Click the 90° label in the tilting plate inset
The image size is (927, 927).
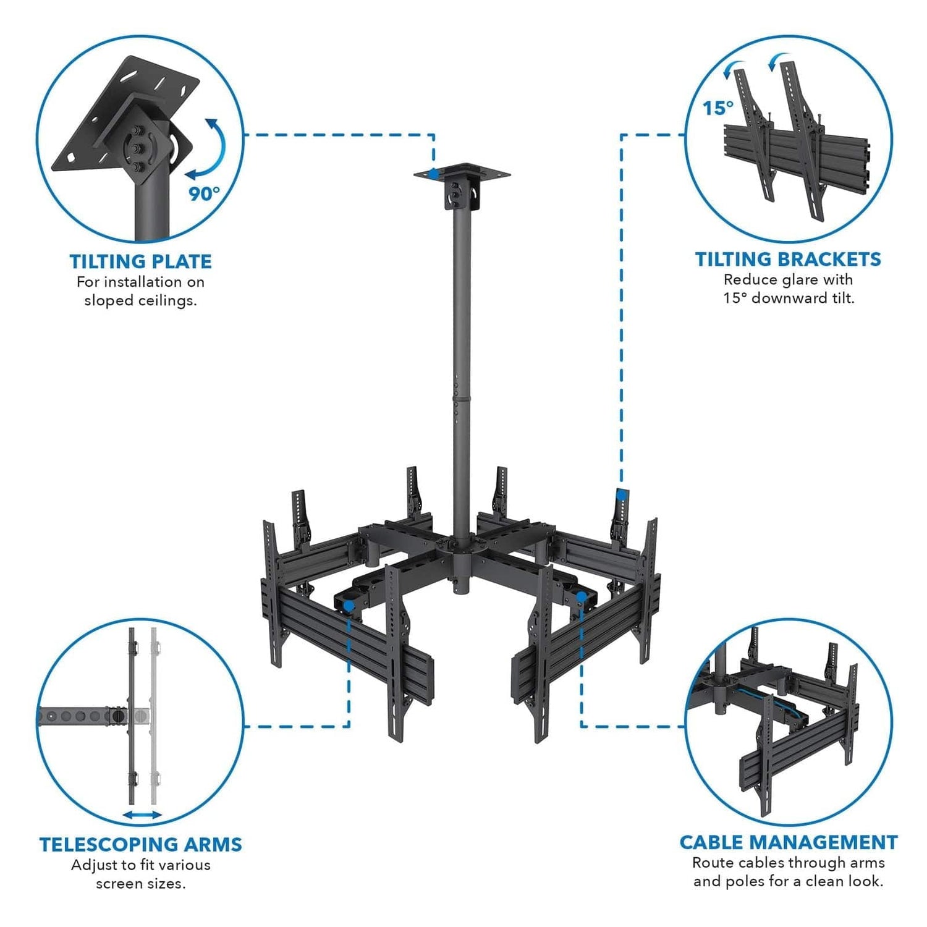pyautogui.click(x=204, y=193)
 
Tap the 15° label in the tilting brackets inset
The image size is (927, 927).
pyautogui.click(x=717, y=108)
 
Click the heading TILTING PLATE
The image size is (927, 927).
pyautogui.click(x=141, y=261)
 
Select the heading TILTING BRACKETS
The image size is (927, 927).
pyautogui.click(x=788, y=259)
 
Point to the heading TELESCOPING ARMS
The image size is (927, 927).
pyautogui.click(x=141, y=844)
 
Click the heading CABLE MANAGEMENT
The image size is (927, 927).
pyautogui.click(x=788, y=842)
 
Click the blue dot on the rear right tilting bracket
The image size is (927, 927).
pyautogui.click(x=622, y=494)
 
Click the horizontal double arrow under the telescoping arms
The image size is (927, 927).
pyautogui.click(x=142, y=815)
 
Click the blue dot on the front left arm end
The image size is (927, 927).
pyautogui.click(x=349, y=606)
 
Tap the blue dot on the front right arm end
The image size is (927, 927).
pyautogui.click(x=582, y=596)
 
